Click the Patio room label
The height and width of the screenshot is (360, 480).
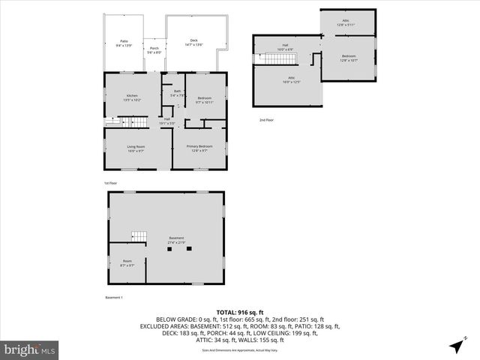click(124, 43)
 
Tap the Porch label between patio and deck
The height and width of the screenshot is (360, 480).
click(154, 50)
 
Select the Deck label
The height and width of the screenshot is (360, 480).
click(193, 42)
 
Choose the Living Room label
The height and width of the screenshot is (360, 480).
click(136, 148)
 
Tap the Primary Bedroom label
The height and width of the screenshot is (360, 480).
click(199, 148)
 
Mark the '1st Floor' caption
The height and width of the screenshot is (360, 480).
click(111, 182)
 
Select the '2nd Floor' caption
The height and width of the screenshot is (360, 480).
click(267, 120)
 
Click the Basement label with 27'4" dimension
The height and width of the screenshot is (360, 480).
click(176, 240)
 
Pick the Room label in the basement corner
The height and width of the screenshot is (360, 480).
click(127, 262)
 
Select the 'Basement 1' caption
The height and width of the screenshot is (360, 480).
click(113, 298)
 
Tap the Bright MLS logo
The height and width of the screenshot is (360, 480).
click(30, 349)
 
